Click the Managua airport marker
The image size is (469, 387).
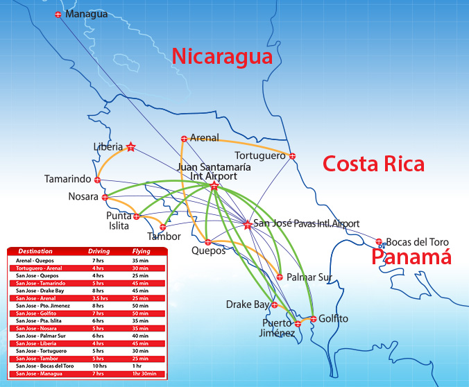(58, 15)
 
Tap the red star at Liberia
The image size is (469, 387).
(131, 146)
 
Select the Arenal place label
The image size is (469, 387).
(204, 138)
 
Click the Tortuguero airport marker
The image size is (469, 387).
(292, 156)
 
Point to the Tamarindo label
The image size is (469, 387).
(67, 179)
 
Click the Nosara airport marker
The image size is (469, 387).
(104, 197)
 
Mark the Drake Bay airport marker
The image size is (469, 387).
(275, 304)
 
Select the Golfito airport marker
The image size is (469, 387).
(313, 319)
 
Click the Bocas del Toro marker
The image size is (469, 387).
(379, 242)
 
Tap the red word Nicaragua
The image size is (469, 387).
(222, 56)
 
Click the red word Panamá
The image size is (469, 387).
(411, 257)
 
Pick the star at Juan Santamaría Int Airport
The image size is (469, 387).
(214, 186)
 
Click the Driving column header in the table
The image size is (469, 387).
(99, 250)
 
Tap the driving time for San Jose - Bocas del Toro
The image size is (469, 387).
(99, 365)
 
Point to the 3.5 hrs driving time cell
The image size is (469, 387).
(99, 298)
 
